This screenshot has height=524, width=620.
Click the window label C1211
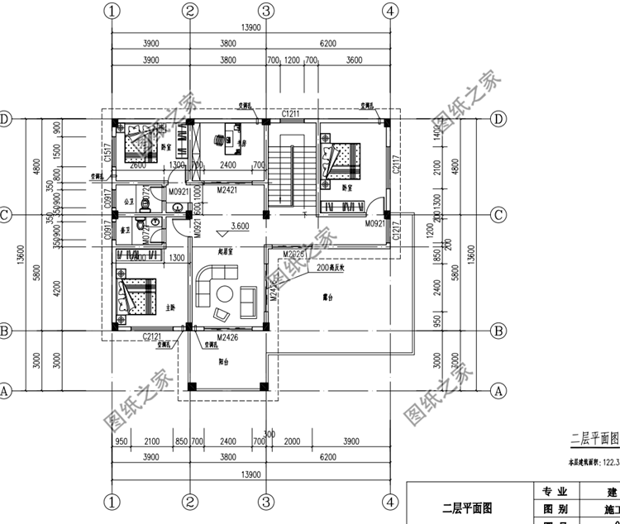tap(290, 113)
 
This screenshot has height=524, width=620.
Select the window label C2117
tap(397, 170)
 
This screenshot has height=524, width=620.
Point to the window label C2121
tap(151, 336)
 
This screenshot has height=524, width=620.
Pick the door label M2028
tap(293, 254)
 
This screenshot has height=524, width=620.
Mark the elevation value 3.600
tap(241, 226)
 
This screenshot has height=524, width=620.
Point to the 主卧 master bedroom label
tap(170, 307)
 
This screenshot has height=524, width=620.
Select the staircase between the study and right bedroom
tap(291, 169)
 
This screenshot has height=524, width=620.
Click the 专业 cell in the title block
tap(549, 490)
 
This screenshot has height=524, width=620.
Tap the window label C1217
tap(397, 232)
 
